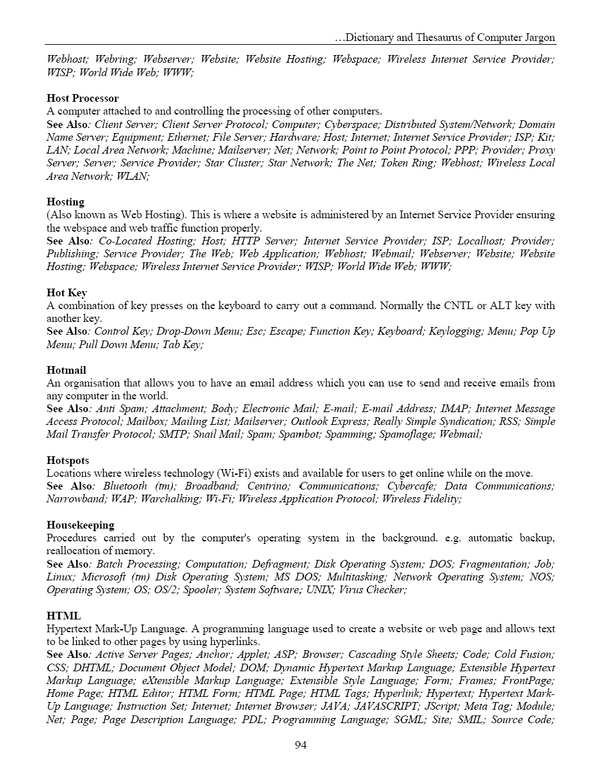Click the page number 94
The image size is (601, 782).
coord(300,745)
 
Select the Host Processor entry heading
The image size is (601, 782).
coord(83,99)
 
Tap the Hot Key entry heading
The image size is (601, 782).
coord(67,293)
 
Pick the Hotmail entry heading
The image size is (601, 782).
coord(66,371)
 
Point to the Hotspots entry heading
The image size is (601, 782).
coord(68,461)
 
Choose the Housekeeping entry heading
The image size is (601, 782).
coord(80,525)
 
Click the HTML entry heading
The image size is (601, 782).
coord(63,616)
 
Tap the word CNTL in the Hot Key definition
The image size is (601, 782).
coord(458,306)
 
